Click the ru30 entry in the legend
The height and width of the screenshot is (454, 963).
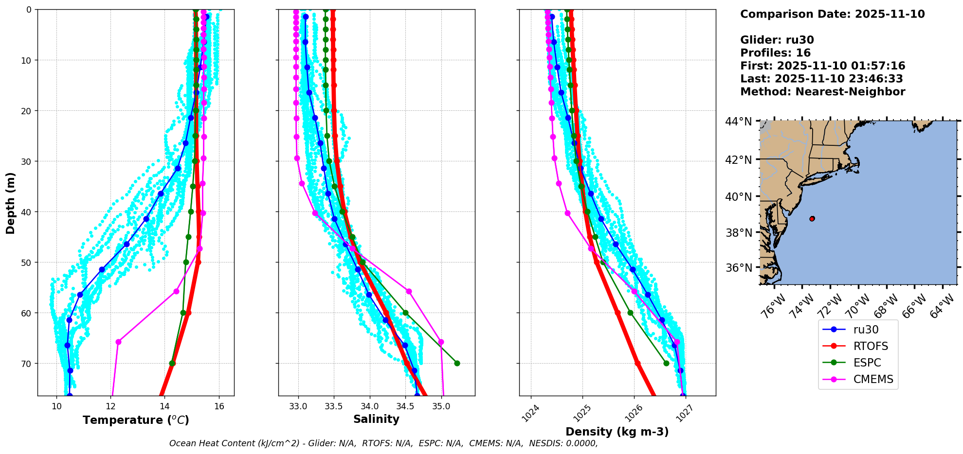pyautogui.click(x=866, y=330)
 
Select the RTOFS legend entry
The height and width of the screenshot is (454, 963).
pyautogui.click(x=871, y=346)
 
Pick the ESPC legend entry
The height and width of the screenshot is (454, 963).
pyautogui.click(x=867, y=363)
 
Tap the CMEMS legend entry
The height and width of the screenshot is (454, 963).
pyautogui.click(x=873, y=379)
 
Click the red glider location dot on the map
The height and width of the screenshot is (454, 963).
pyautogui.click(x=812, y=219)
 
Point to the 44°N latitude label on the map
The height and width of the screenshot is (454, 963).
pyautogui.click(x=739, y=122)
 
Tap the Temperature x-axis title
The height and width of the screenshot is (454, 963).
pyautogui.click(x=136, y=420)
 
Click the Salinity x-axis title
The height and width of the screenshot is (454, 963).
pyautogui.click(x=376, y=419)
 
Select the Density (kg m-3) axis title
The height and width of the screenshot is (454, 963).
pyautogui.click(x=617, y=432)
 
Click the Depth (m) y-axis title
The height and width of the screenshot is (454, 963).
pyautogui.click(x=10, y=203)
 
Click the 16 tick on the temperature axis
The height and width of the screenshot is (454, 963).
pyautogui.click(x=219, y=406)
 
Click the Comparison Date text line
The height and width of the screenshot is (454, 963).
pyautogui.click(x=832, y=14)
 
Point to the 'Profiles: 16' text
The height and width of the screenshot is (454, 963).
pyautogui.click(x=775, y=53)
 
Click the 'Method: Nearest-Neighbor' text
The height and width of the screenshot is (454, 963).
pyautogui.click(x=822, y=92)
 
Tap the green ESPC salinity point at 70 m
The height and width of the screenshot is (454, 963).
pyautogui.click(x=457, y=363)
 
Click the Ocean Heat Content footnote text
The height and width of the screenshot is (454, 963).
pyautogui.click(x=383, y=443)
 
